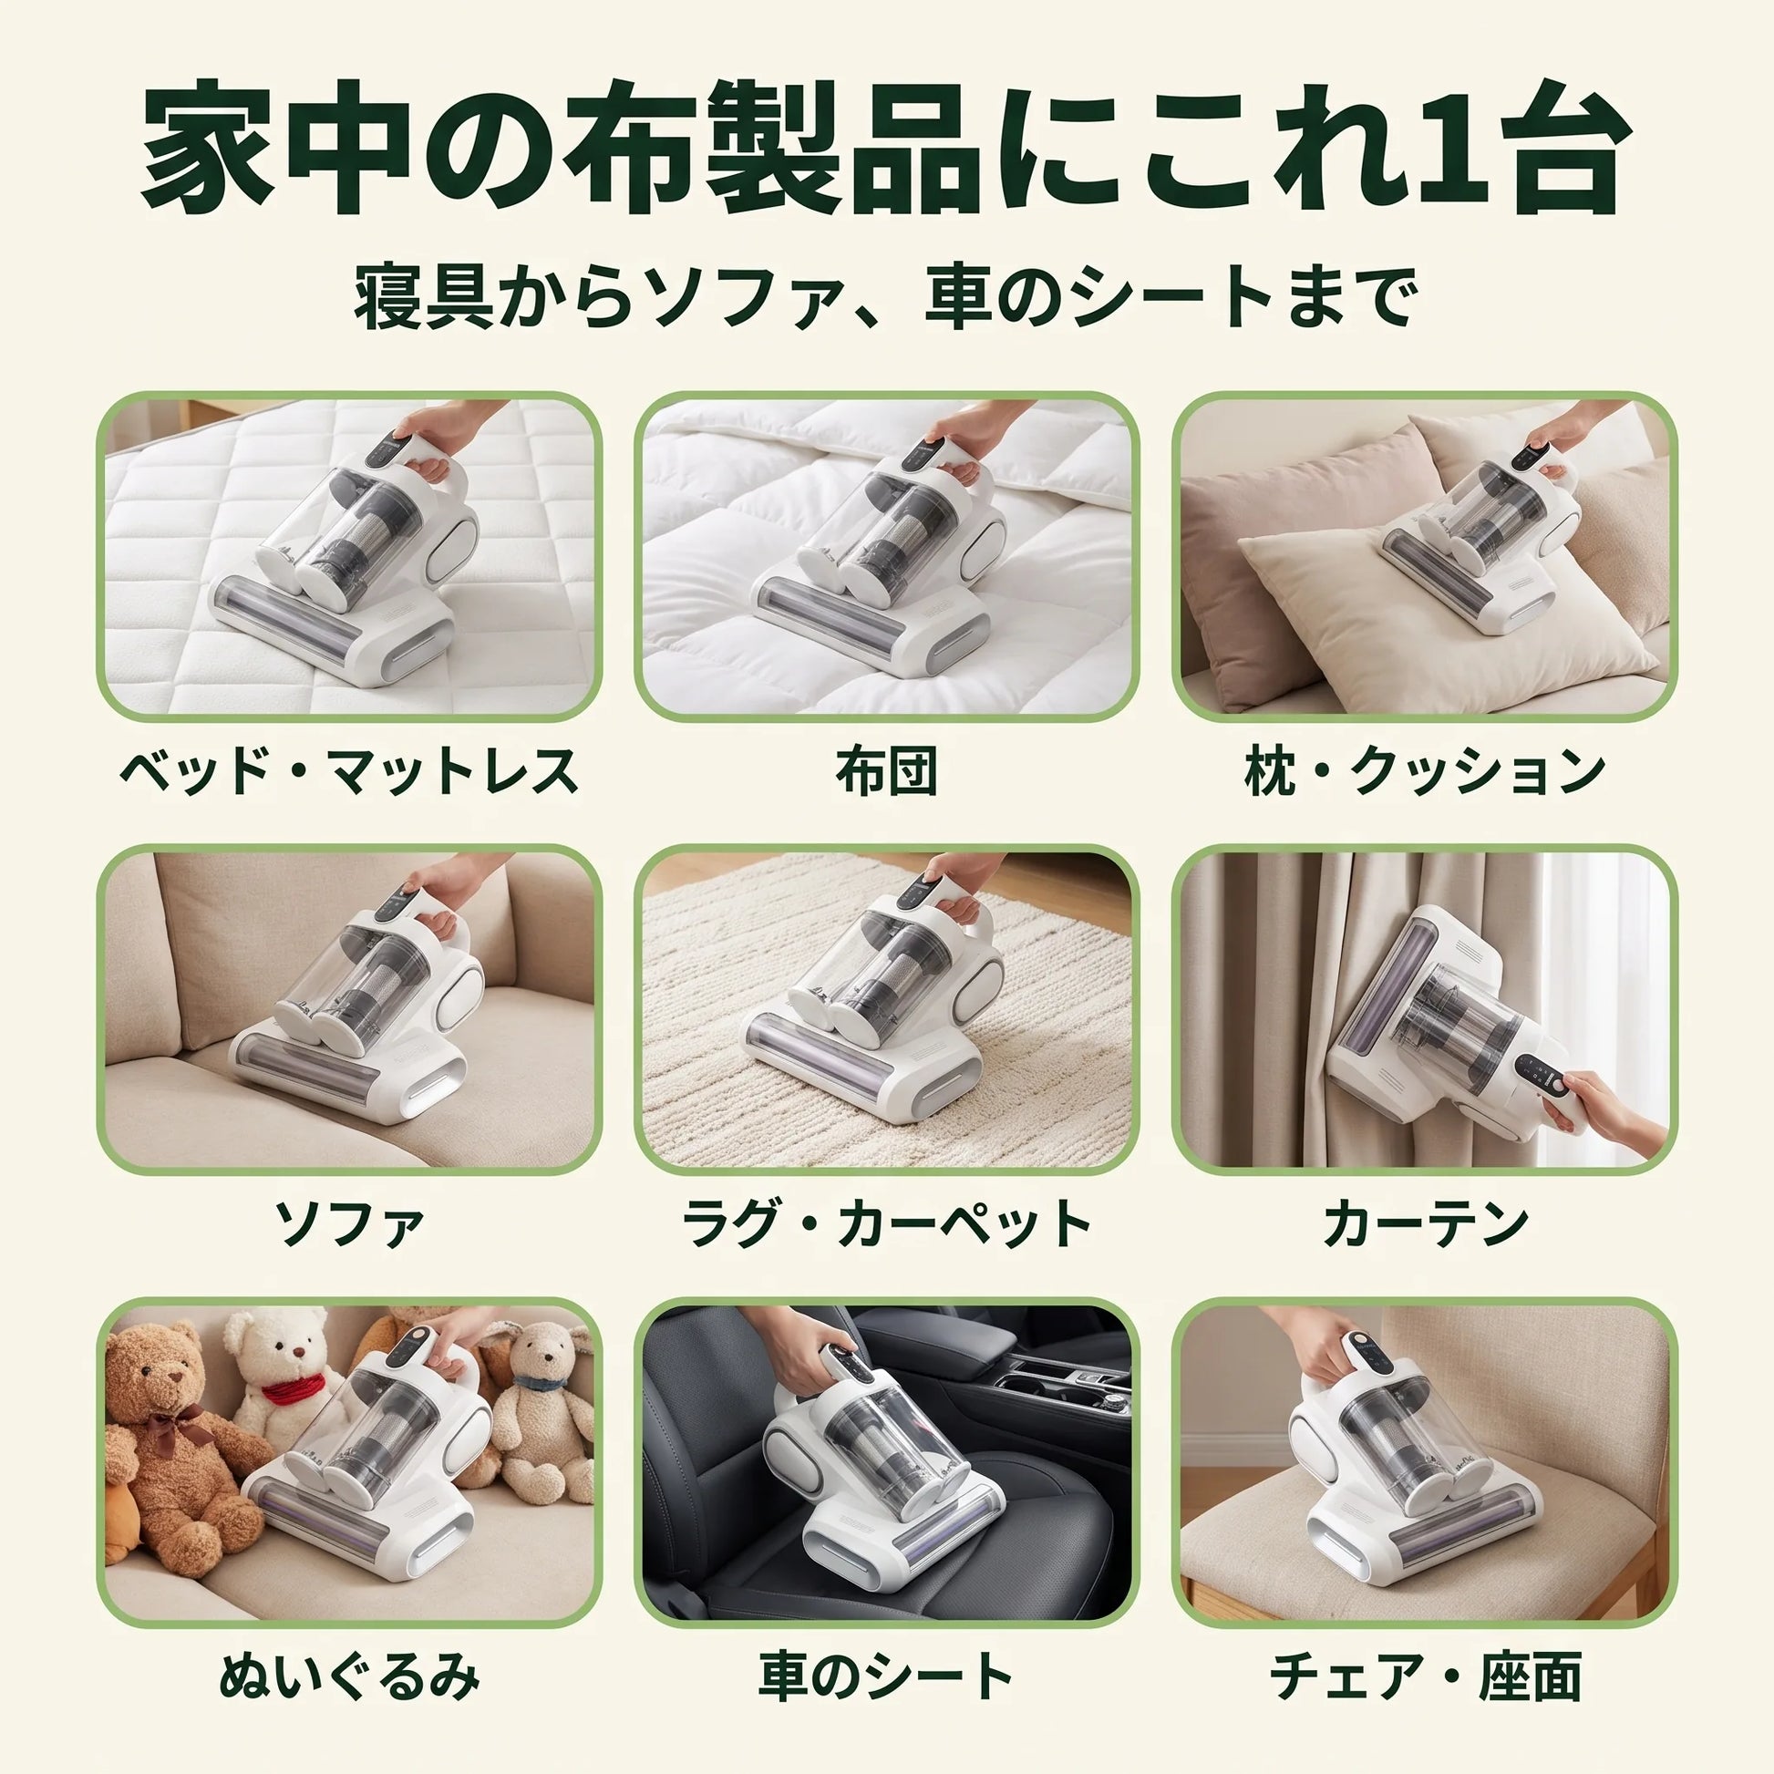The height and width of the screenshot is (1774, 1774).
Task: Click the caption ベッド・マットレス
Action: click(349, 771)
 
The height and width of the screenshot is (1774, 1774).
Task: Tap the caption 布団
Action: click(886, 771)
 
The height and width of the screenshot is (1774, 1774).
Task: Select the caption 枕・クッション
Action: click(1424, 771)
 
